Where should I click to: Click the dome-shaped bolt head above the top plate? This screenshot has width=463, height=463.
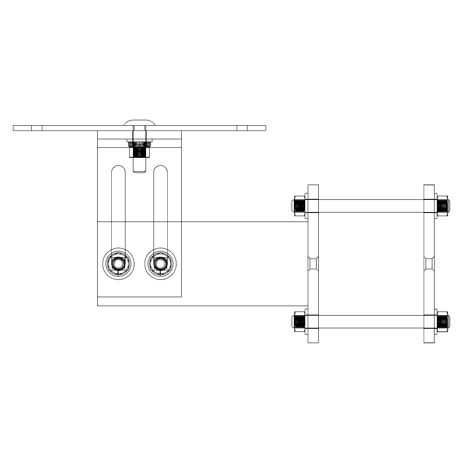140,122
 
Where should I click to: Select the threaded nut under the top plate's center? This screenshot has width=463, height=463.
140,149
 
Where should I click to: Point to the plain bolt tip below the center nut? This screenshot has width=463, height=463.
140,165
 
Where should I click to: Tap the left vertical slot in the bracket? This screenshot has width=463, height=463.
118,203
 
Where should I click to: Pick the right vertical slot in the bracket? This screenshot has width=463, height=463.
160,203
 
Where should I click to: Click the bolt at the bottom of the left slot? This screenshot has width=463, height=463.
118,263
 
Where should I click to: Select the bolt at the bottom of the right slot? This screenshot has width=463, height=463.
160,263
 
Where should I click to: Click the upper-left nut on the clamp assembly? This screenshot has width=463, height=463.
298,206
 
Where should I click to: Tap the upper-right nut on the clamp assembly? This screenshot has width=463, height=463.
443,206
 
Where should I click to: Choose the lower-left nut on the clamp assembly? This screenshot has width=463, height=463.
298,321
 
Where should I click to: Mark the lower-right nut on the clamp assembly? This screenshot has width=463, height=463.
443,321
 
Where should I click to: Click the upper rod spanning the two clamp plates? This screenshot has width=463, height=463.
371,206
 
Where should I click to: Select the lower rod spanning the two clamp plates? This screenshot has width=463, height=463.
371,321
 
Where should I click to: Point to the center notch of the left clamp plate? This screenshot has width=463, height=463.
313,263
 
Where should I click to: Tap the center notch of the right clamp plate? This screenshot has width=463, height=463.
429,263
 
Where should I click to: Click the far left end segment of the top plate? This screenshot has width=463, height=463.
22,128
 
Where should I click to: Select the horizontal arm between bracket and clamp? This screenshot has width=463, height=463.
244,264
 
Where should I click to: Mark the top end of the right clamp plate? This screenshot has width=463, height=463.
429,189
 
